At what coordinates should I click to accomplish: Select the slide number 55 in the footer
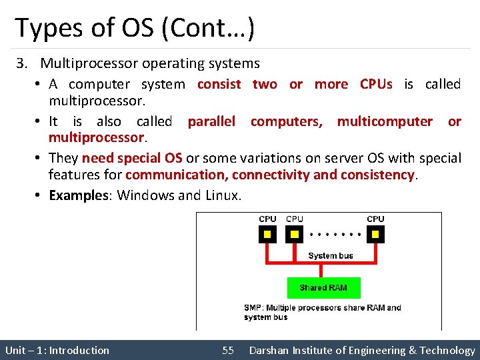point(228,350)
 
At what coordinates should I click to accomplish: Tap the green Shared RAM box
point(323,287)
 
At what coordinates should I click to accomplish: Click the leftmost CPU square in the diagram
point(267,234)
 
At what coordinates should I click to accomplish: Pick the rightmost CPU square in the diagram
point(375,234)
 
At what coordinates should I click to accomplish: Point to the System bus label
point(331,255)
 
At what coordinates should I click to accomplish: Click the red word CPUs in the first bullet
point(376,84)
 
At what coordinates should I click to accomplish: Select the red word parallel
point(211,121)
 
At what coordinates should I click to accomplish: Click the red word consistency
point(377,175)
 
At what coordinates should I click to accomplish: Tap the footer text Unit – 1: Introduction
point(57,350)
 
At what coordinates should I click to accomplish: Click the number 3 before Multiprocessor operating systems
point(22,64)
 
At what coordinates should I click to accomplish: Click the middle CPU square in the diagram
point(294,234)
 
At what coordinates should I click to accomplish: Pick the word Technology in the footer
point(447,350)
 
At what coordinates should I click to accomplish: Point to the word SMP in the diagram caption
point(252,308)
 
